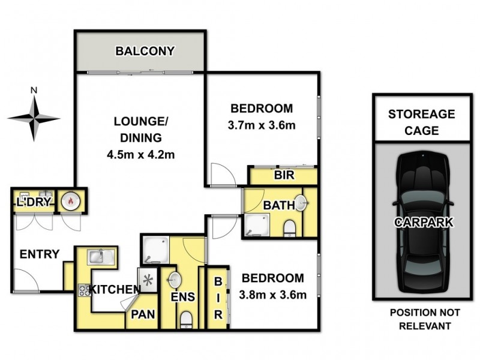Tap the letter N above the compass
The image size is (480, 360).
pyautogui.click(x=34, y=91)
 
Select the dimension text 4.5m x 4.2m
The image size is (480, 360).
pyautogui.click(x=141, y=154)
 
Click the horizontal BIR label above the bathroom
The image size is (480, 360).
pyautogui.click(x=283, y=176)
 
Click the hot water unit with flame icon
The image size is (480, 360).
pyautogui.click(x=71, y=201)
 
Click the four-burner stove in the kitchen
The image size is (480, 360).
pyautogui.click(x=83, y=290)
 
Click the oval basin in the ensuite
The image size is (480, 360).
pyautogui.click(x=175, y=280)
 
